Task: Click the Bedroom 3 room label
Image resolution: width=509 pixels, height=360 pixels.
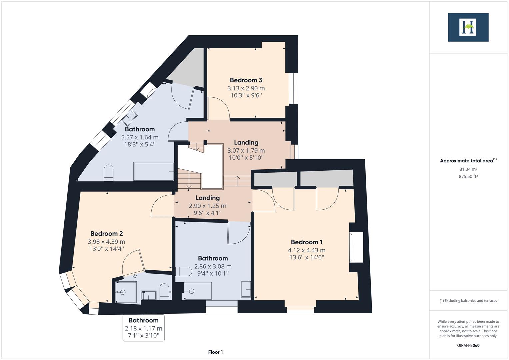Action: point(246,80)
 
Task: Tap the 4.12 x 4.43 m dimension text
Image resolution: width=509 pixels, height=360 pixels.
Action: point(307,250)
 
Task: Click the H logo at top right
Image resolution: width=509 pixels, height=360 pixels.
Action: point(468,27)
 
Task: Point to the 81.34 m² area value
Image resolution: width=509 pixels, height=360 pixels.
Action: point(468,169)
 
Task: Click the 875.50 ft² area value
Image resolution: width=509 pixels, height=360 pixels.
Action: point(468,177)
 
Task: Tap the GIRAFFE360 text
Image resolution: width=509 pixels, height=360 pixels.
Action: point(468,345)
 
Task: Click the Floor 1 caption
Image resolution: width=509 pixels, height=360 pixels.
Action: point(215,352)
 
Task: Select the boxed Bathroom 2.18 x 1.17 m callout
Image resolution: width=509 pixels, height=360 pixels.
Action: point(144,328)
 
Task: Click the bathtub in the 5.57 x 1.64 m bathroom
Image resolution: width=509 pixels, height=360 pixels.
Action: point(154,171)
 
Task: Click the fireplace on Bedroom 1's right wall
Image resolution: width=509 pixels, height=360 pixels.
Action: point(356,247)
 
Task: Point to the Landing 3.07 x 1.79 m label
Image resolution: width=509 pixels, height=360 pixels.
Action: point(246,143)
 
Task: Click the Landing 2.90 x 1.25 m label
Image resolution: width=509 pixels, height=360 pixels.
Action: point(207,198)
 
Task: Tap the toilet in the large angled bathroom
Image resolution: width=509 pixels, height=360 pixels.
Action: point(109,173)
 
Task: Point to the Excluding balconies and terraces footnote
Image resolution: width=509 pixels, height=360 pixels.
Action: point(468,301)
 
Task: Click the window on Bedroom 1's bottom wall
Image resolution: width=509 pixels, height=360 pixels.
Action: point(300,309)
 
